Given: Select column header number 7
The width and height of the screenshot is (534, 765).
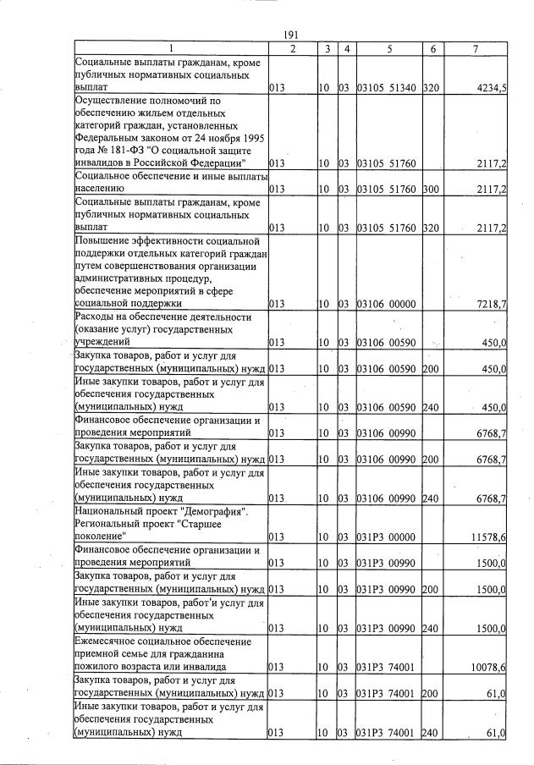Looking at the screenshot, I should [x=476, y=49].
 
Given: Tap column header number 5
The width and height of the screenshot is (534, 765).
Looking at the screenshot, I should [x=388, y=49].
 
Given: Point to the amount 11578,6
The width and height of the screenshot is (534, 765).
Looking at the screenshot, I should [x=488, y=537].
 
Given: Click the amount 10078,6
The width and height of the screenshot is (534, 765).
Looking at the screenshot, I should [x=488, y=668].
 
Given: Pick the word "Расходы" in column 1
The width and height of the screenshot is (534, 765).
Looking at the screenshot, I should [x=96, y=316].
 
